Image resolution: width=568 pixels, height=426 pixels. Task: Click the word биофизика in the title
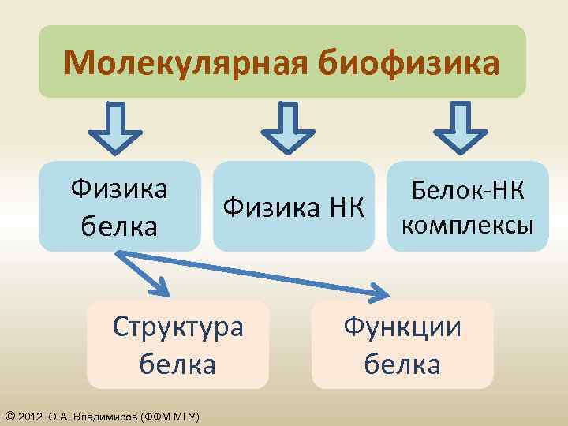[x=409, y=63]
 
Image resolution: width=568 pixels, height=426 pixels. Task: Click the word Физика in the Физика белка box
[x=119, y=190]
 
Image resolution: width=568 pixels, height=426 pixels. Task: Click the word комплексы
[x=468, y=226]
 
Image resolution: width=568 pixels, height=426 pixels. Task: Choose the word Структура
[x=177, y=326]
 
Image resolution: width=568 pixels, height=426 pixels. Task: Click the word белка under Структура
[x=177, y=364]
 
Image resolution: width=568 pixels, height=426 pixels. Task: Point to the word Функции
[x=402, y=326]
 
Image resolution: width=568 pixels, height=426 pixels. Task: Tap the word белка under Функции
[x=402, y=364]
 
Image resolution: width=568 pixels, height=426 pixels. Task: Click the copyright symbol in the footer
[x=9, y=416]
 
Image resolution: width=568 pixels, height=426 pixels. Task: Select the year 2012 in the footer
[x=29, y=416]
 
